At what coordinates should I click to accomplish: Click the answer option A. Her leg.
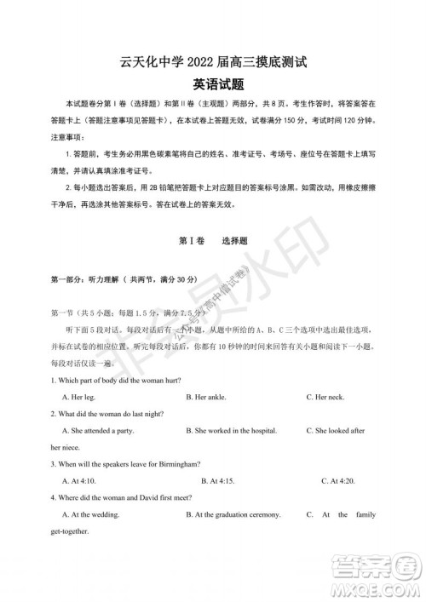[x=79, y=397]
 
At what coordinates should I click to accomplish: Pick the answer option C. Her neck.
[x=325, y=397]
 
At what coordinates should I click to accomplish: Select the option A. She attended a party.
[x=98, y=431]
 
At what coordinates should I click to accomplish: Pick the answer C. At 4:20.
[x=337, y=481]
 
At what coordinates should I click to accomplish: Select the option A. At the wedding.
[x=91, y=515]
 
